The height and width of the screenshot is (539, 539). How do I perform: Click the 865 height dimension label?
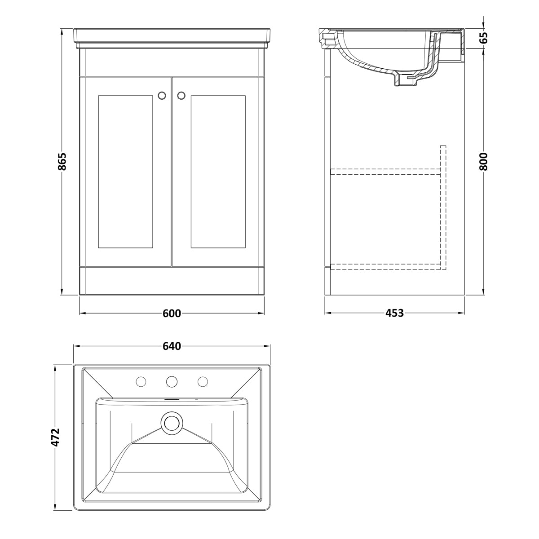(x=62, y=161)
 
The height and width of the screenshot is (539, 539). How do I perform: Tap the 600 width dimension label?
(x=172, y=313)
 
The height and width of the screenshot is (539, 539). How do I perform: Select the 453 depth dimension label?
(x=394, y=313)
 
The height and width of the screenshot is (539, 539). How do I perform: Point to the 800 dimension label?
(x=483, y=162)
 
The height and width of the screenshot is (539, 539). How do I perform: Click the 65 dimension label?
(x=483, y=37)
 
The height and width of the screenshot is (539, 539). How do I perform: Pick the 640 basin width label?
(x=172, y=346)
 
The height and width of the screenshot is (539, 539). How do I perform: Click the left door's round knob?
(x=162, y=95)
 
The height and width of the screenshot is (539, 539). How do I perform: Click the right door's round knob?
(x=181, y=95)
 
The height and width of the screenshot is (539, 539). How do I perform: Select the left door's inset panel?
(x=126, y=172)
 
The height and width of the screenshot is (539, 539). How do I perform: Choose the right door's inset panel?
(x=218, y=172)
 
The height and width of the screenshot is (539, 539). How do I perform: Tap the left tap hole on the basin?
(x=141, y=381)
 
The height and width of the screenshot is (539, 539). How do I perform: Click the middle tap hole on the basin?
(x=172, y=381)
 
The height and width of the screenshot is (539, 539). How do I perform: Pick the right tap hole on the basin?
(x=203, y=381)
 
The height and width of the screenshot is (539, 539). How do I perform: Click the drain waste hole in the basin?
(x=172, y=423)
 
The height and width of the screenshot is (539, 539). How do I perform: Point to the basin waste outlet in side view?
(x=406, y=82)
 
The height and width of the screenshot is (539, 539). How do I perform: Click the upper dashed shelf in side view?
(x=385, y=172)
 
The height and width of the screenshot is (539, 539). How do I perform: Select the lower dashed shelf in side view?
(x=385, y=266)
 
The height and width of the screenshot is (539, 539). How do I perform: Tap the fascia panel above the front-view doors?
(x=172, y=62)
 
